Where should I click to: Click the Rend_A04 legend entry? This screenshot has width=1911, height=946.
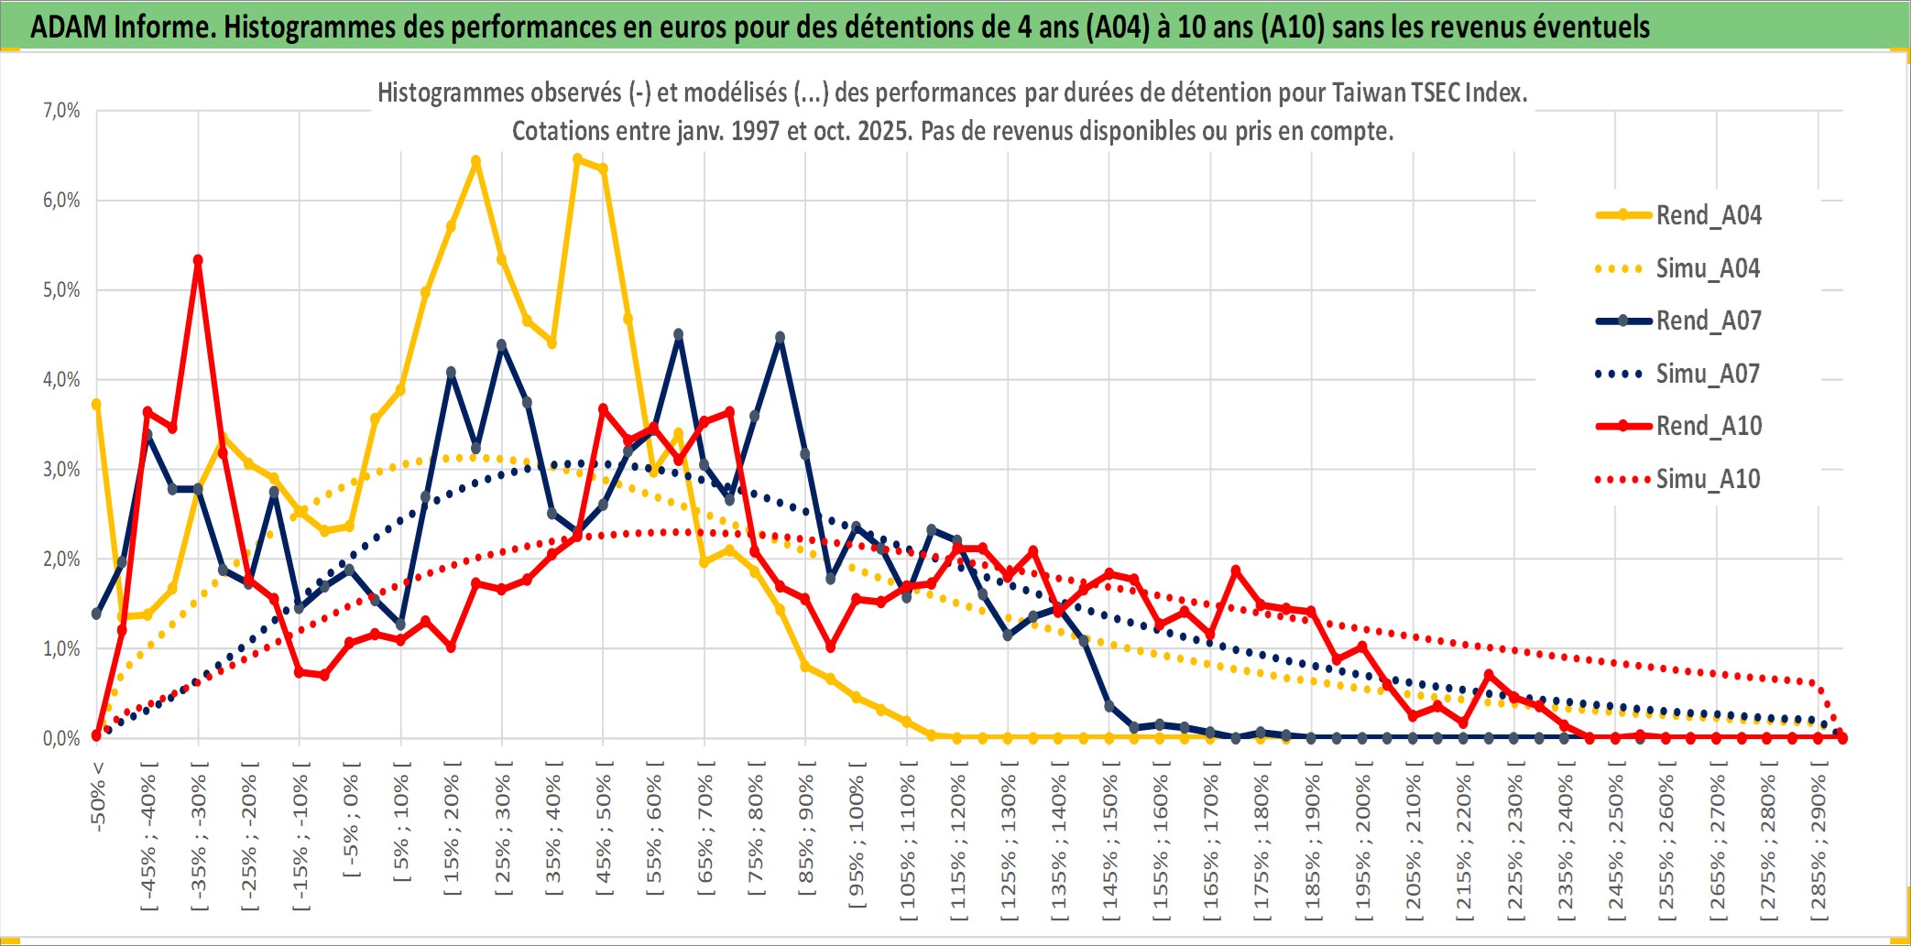coord(1708,215)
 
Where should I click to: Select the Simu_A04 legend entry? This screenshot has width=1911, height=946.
coord(1708,268)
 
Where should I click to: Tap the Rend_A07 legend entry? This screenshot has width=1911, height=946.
coord(1708,321)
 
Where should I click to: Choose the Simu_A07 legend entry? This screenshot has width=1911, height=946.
coord(1708,374)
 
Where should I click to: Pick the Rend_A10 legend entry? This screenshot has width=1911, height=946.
coord(1708,426)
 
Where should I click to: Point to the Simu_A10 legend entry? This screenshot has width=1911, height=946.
coord(1708,479)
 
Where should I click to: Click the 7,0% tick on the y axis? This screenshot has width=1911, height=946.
coord(61,111)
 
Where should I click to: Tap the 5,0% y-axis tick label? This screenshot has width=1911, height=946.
coord(61,290)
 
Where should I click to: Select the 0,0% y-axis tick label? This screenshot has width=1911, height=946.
coord(61,738)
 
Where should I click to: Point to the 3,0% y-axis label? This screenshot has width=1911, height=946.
coord(61,470)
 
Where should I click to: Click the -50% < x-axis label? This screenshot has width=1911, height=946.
coord(98,796)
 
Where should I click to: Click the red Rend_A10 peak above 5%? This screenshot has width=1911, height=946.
coord(198,260)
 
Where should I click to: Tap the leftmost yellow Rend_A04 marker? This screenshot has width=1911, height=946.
coord(96,404)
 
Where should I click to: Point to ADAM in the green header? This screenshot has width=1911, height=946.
coord(68,27)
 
